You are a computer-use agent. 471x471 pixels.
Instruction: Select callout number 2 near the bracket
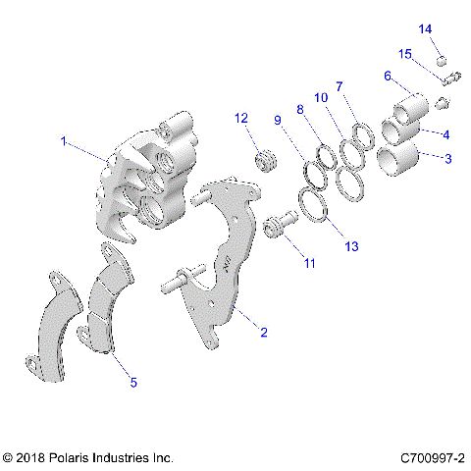click(x=262, y=333)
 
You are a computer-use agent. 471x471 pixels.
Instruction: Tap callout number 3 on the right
click(x=448, y=157)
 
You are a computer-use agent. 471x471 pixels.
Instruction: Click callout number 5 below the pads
click(x=133, y=384)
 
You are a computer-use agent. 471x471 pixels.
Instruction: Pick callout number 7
click(x=340, y=87)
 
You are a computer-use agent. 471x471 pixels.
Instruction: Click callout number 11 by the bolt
click(x=310, y=264)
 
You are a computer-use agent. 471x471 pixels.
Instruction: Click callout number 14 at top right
click(x=426, y=29)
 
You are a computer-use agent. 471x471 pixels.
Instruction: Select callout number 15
click(x=405, y=53)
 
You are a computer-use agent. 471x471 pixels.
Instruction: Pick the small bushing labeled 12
click(x=263, y=160)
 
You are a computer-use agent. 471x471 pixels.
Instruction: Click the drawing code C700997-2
click(x=433, y=458)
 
